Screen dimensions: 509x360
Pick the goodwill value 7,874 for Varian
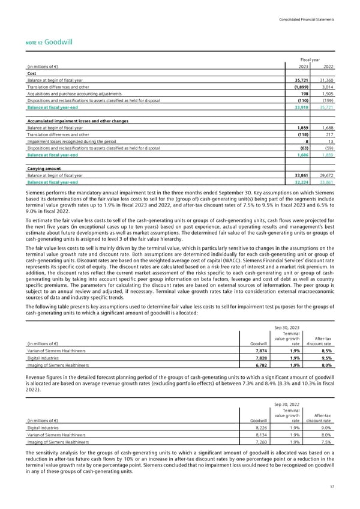click(x=258, y=351)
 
